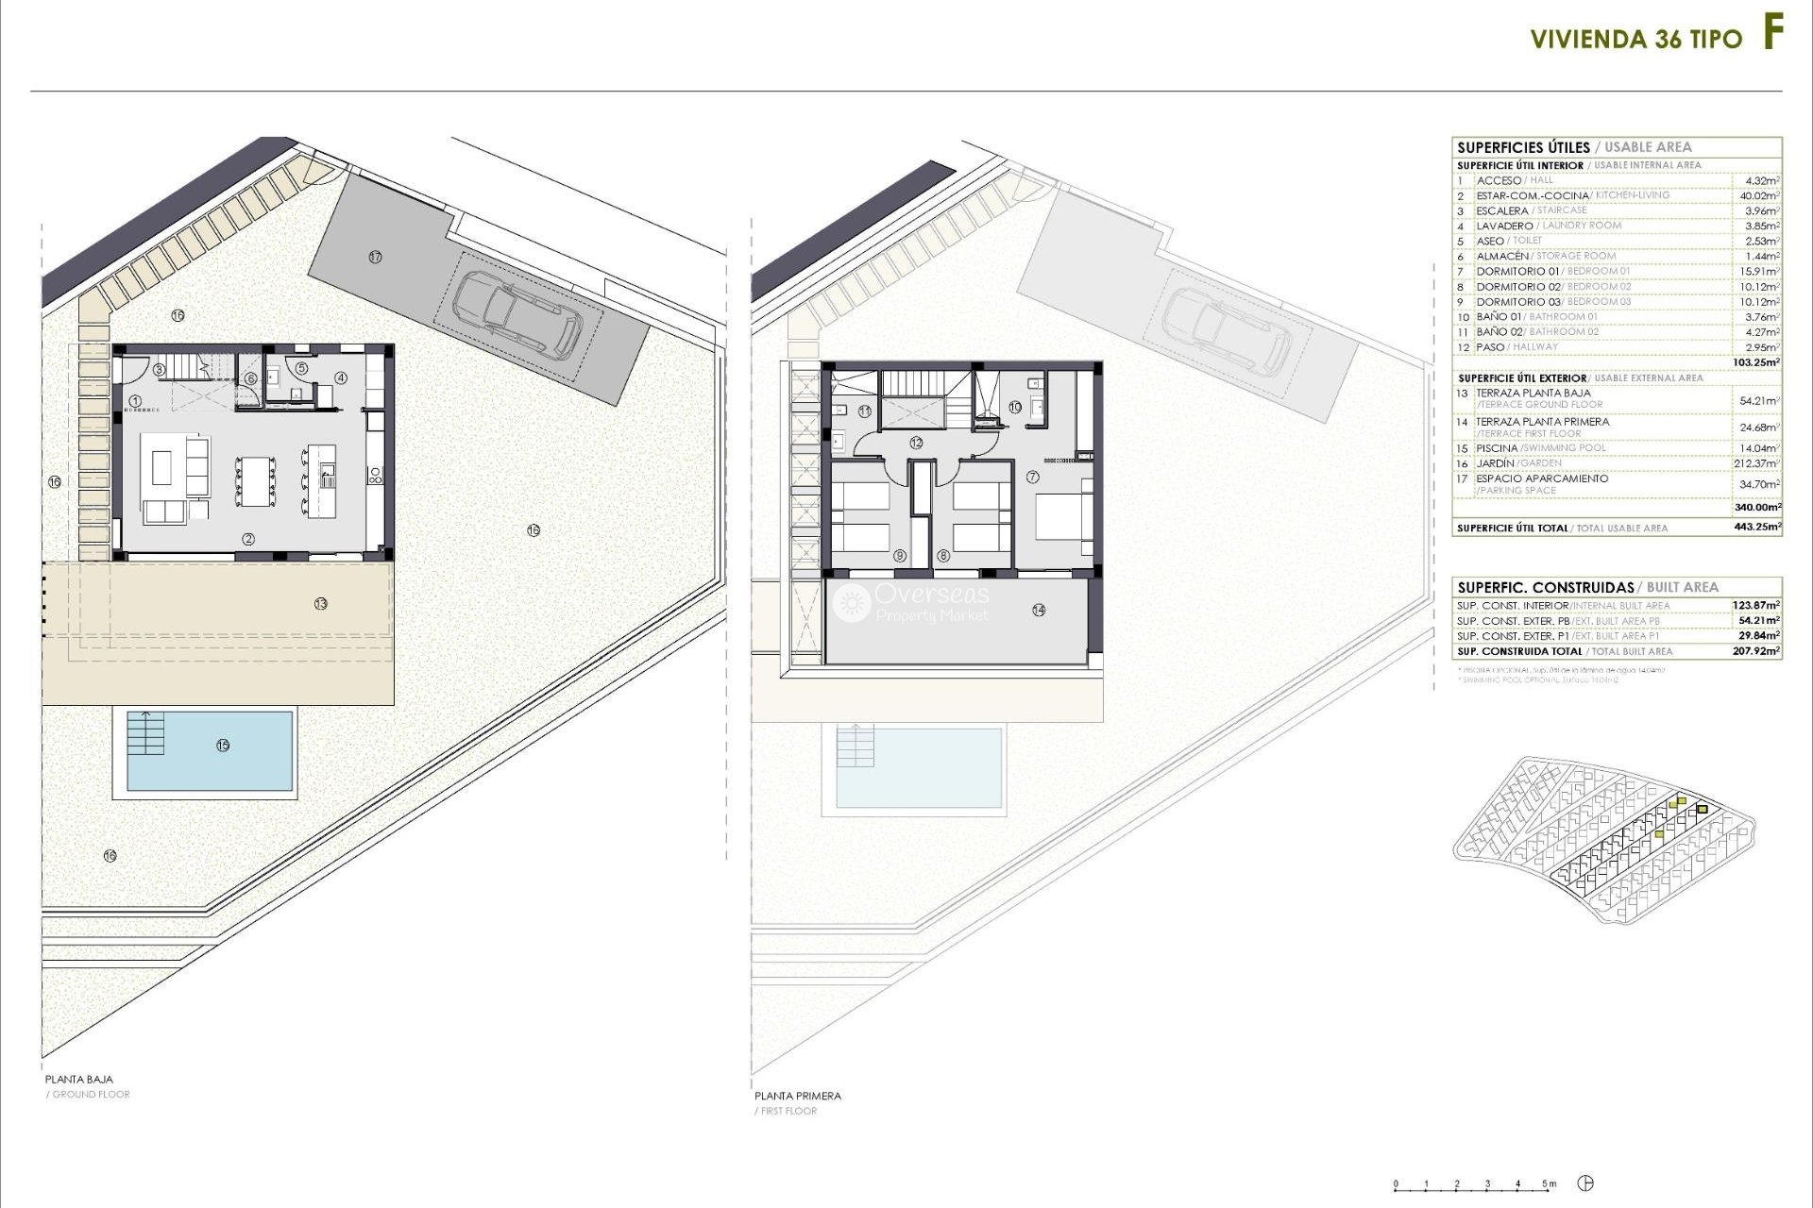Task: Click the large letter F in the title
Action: [1772, 35]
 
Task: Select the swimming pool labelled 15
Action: [210, 750]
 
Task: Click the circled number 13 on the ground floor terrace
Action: [321, 603]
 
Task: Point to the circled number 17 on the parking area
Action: [375, 257]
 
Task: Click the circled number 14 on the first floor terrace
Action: [1039, 610]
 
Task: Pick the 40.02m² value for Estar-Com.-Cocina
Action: [1759, 196]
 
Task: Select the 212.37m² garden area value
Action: [1759, 463]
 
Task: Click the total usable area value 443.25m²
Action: [1757, 528]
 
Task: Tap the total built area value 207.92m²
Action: [1757, 651]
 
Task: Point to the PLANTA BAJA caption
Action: [78, 1079]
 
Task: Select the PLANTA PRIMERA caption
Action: [797, 1096]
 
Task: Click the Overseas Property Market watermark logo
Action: [853, 602]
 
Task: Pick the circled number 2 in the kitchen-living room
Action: [248, 539]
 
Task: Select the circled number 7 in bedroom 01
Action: [1033, 478]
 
